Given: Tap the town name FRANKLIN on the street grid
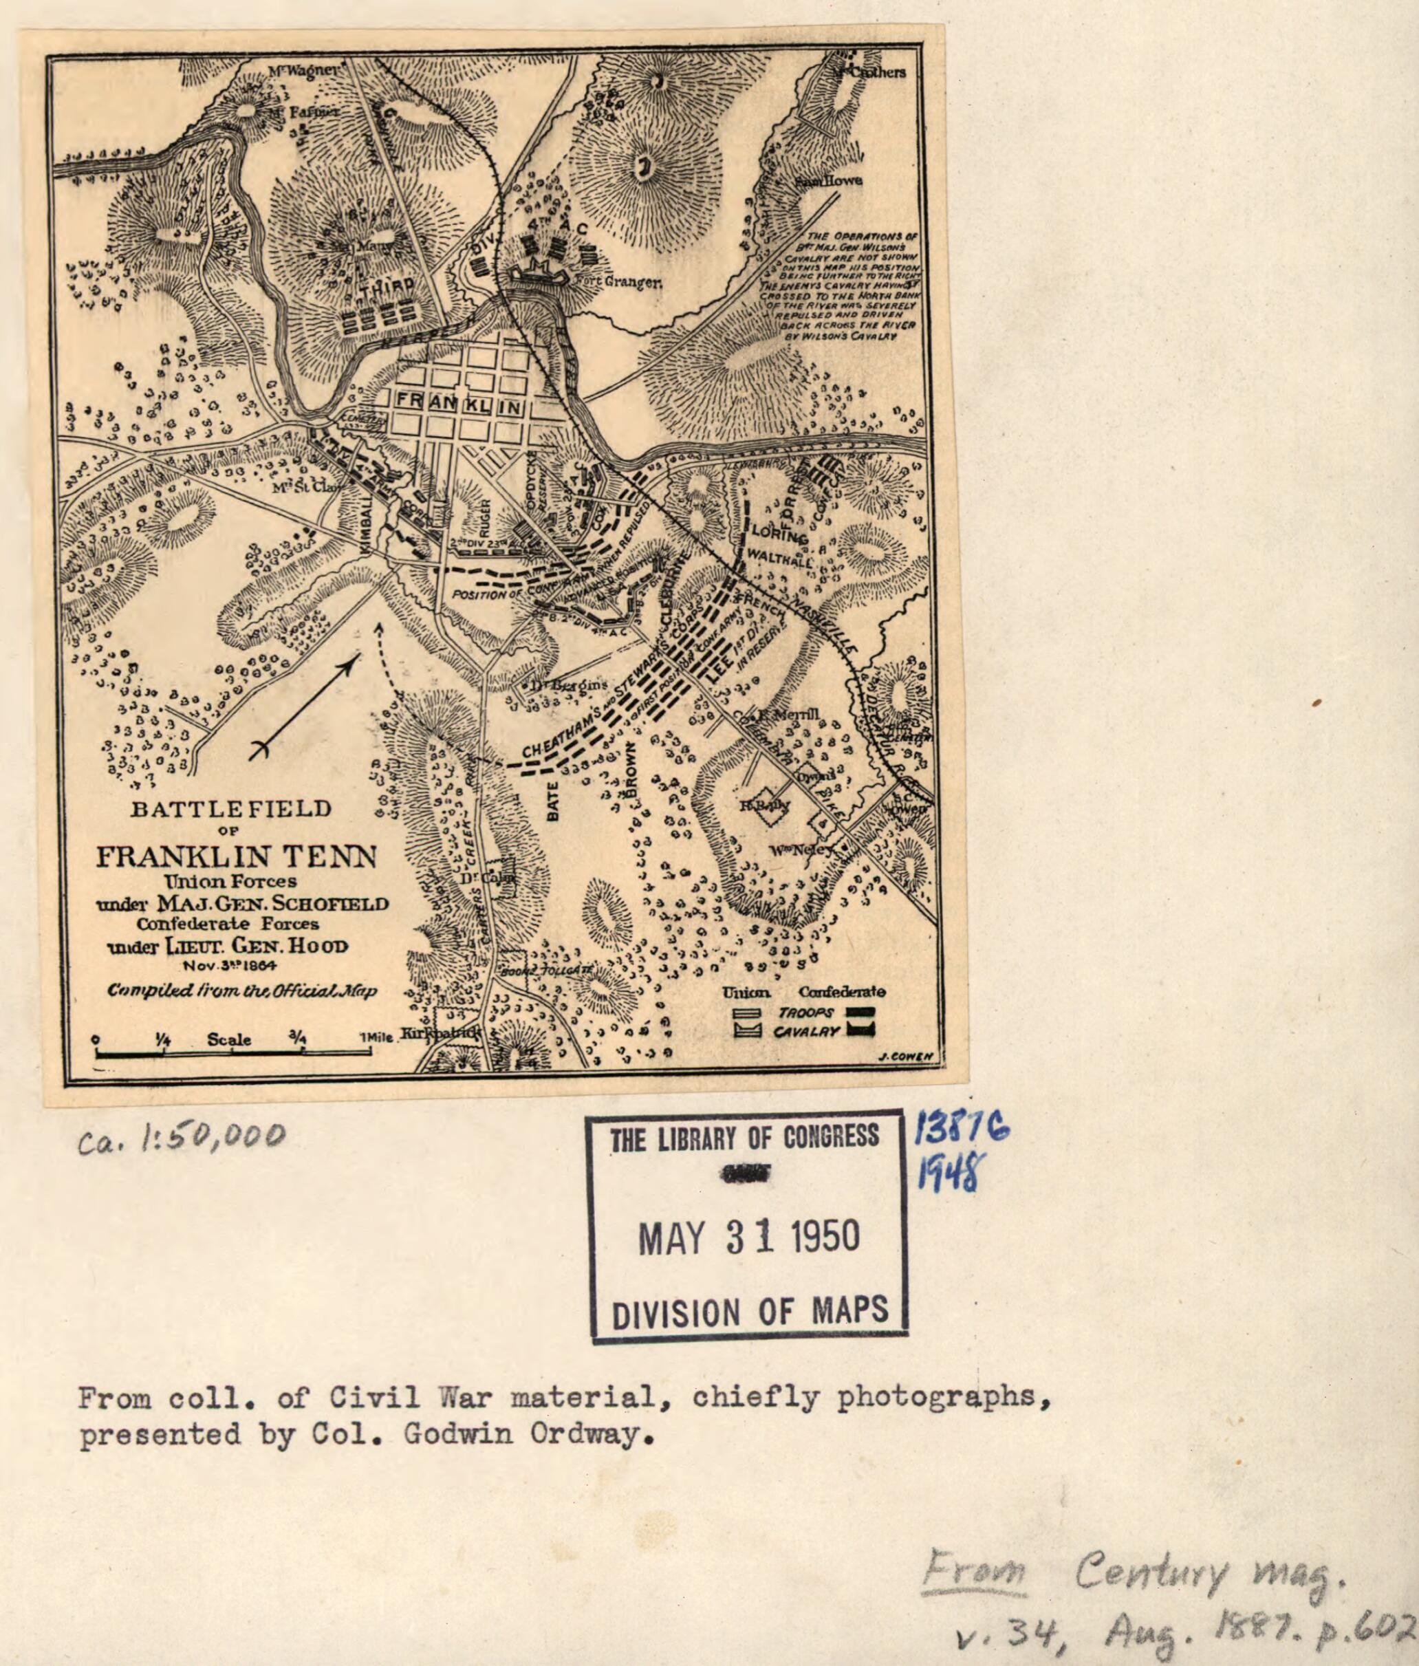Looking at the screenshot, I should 458,403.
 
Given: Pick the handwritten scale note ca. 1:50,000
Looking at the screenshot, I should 182,1137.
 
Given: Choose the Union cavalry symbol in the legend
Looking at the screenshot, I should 748,1031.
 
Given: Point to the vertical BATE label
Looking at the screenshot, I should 553,803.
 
